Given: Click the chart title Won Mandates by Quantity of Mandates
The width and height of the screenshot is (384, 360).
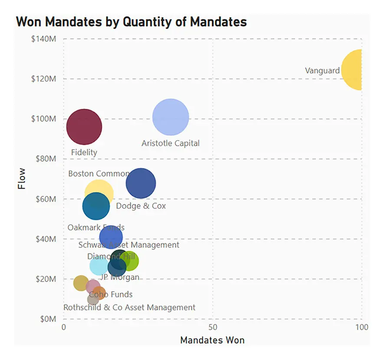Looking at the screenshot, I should click(x=131, y=22).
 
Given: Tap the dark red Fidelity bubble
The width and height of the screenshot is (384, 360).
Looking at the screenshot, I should click(x=84, y=127).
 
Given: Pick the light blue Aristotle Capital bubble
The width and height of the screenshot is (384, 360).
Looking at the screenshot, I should click(x=171, y=117).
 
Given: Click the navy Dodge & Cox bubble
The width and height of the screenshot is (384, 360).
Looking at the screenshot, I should click(x=141, y=183).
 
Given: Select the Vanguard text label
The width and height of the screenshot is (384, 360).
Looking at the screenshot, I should click(x=322, y=70).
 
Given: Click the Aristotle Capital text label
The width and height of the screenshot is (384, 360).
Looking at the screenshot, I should click(x=171, y=143).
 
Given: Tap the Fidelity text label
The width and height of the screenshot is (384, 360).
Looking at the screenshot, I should click(x=84, y=152).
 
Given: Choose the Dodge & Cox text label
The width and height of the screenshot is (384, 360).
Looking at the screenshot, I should click(x=141, y=206).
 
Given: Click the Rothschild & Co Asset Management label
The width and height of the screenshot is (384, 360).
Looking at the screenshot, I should click(x=129, y=308).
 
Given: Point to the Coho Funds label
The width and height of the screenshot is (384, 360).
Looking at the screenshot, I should click(x=111, y=295).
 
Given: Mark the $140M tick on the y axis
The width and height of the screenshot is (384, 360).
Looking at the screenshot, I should click(x=43, y=39).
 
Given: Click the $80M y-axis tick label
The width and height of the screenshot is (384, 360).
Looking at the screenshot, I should click(x=44, y=159).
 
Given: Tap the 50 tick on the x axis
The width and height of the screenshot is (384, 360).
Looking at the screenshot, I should click(x=213, y=327).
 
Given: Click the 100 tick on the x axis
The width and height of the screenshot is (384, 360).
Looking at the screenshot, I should click(x=361, y=327).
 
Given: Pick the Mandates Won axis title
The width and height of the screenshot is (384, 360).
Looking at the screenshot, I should click(x=212, y=340).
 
